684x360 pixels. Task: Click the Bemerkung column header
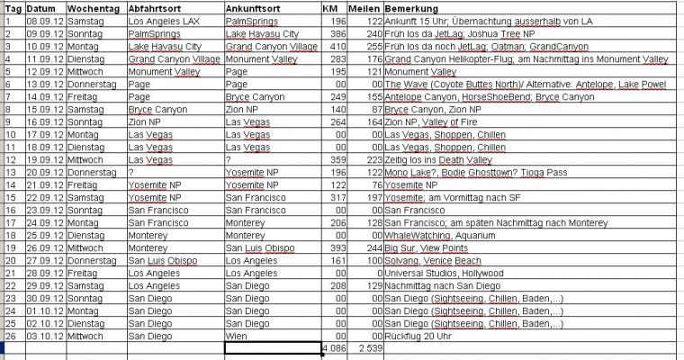[410, 6]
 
